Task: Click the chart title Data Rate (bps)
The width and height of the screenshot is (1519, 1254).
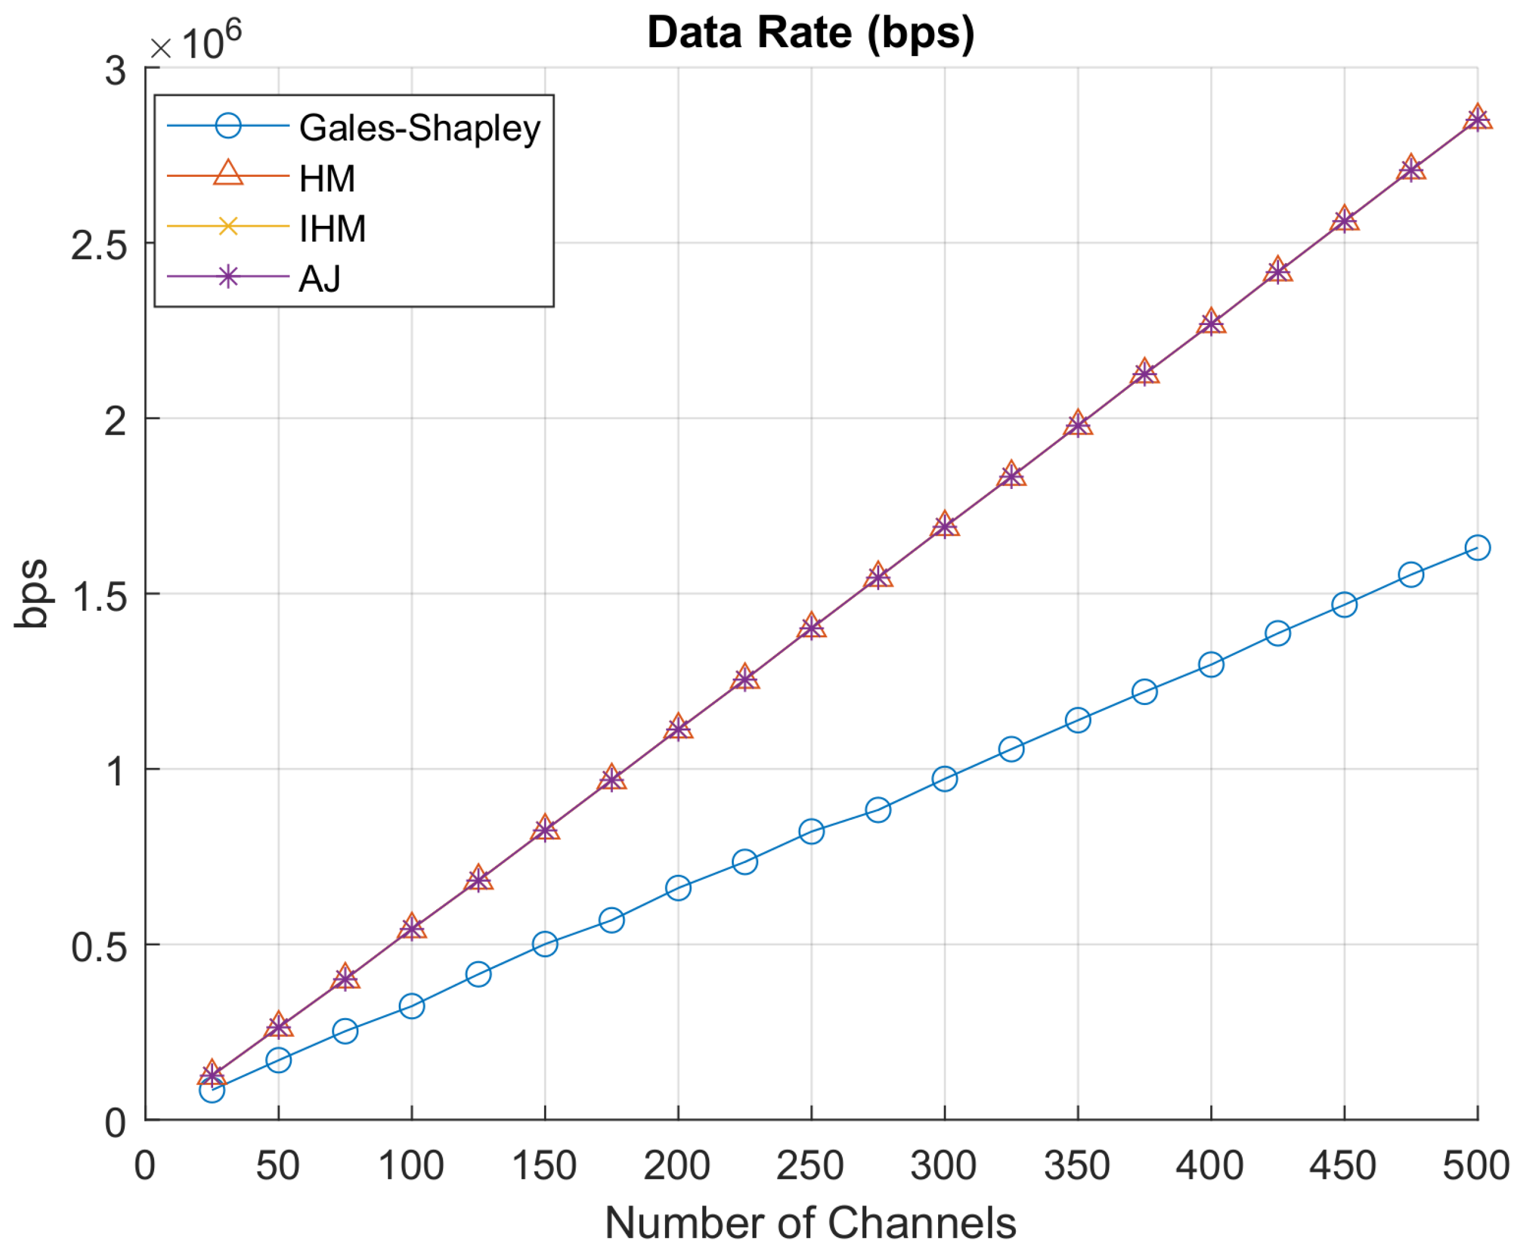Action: click(810, 33)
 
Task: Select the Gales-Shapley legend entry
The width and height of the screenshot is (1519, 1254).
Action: click(419, 128)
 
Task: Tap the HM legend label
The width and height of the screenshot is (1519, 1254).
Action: click(327, 179)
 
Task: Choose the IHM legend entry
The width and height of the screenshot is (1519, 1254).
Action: click(332, 228)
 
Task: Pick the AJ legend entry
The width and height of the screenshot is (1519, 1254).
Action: click(319, 278)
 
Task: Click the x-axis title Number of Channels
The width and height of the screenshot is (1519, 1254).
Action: click(810, 1224)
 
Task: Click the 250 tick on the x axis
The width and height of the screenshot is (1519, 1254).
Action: click(810, 1165)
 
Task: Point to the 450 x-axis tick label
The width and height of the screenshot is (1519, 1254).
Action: click(1343, 1165)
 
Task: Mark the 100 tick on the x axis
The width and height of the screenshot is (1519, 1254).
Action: click(410, 1165)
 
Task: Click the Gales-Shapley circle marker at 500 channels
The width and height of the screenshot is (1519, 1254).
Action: click(1477, 547)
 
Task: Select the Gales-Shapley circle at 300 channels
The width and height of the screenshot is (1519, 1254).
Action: click(945, 778)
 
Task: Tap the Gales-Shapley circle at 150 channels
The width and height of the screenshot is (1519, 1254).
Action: click(544, 944)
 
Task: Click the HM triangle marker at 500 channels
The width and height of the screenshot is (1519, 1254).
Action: click(1477, 118)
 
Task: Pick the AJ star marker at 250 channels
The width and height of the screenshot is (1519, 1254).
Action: click(811, 626)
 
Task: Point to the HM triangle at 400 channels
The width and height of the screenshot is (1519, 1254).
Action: click(1210, 322)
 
